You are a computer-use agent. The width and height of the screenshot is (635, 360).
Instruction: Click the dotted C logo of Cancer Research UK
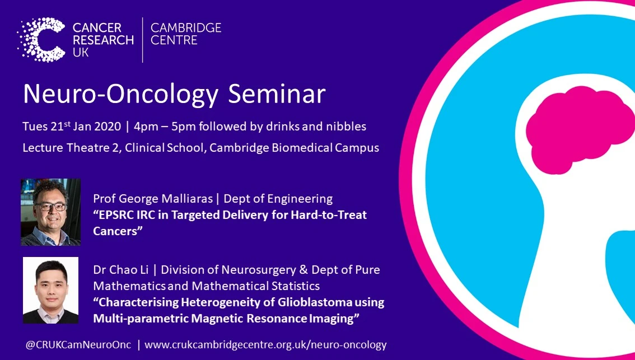tap(41, 40)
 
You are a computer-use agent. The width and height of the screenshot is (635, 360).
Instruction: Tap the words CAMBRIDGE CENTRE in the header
tap(186, 34)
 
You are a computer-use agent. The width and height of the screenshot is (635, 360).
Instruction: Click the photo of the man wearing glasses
tap(50, 212)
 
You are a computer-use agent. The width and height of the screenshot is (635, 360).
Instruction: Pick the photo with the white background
tap(50, 290)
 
